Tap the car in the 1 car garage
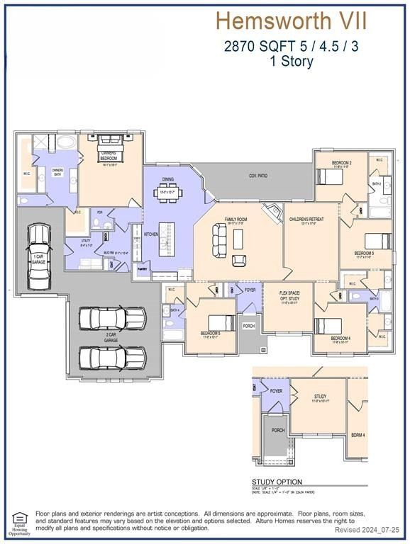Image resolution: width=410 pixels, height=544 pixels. coord(38,257)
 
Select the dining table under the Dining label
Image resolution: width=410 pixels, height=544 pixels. coord(168,193)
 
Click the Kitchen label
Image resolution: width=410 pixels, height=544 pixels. coord(151,234)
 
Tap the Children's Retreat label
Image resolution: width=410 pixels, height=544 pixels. coord(306,220)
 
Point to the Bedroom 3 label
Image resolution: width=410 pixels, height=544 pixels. coord(364,253)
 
